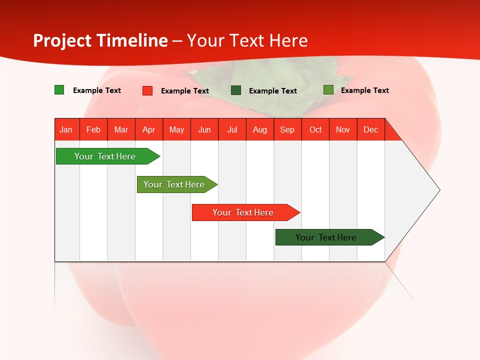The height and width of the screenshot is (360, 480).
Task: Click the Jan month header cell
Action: pyautogui.click(x=66, y=129)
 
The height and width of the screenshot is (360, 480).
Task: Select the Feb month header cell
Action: pyautogui.click(x=93, y=129)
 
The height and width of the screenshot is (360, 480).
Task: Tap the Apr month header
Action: pyautogui.click(x=149, y=129)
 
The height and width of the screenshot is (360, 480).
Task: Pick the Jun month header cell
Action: pyautogui.click(x=204, y=129)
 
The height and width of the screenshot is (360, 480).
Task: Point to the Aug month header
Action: pyautogui.click(x=260, y=129)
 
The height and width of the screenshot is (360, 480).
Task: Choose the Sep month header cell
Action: pyautogui.click(x=287, y=129)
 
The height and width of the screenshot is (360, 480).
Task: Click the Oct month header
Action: pyautogui.click(x=315, y=129)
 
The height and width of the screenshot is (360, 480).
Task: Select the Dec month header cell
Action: pyautogui.click(x=371, y=129)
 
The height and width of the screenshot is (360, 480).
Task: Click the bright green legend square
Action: pyautogui.click(x=59, y=90)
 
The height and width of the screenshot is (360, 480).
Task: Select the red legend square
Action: pyautogui.click(x=147, y=90)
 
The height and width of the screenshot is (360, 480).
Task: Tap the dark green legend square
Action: pyautogui.click(x=236, y=90)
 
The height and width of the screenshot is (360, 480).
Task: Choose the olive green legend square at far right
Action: pyautogui.click(x=328, y=90)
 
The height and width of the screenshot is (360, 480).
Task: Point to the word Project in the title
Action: pyautogui.click(x=62, y=40)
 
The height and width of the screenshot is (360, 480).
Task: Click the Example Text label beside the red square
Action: pyautogui.click(x=185, y=91)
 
